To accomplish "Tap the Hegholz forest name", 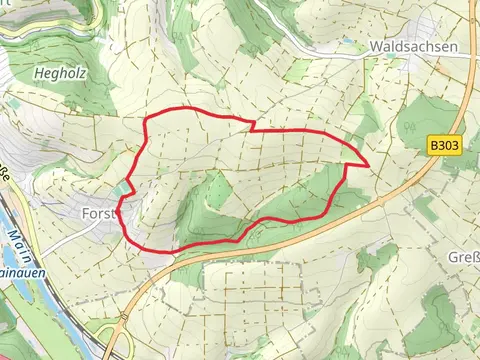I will click(50, 73).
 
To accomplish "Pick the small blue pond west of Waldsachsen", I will click(346, 43).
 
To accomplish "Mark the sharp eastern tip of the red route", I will click(369, 163).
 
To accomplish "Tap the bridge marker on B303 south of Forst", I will click(172, 258).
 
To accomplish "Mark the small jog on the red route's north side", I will click(249, 125).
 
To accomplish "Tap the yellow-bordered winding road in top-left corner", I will click(40, 30).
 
